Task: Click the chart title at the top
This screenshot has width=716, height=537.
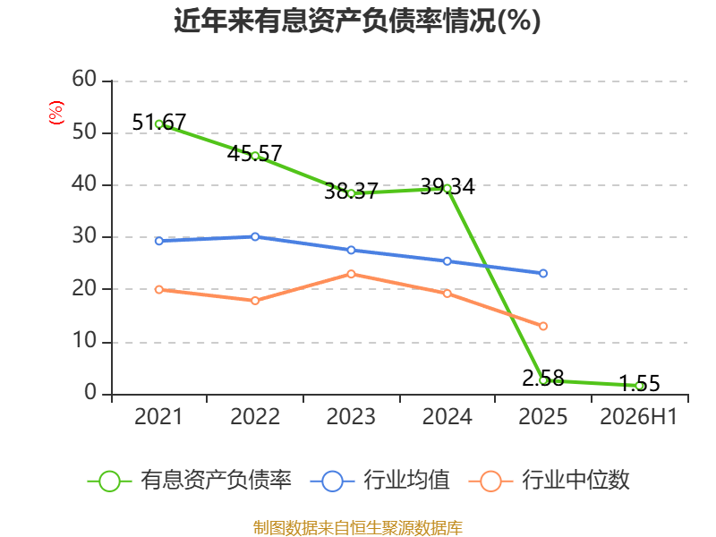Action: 357,21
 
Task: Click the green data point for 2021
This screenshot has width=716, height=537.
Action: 159,124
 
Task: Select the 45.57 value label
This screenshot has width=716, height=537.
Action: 255,153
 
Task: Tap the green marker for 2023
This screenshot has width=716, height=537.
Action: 351,193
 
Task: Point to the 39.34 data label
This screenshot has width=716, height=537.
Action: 447,187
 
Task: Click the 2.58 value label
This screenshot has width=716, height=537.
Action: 543,378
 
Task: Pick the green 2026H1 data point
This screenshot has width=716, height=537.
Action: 640,386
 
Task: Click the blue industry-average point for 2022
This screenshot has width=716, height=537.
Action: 255,236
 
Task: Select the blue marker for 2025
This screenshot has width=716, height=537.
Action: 543,274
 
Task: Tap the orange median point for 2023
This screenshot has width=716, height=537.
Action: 351,274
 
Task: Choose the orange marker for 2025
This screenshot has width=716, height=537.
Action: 543,326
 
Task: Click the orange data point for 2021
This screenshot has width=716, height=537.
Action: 159,289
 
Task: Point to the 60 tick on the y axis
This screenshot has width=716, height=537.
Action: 84,80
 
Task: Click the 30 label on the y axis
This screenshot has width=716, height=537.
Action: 84,236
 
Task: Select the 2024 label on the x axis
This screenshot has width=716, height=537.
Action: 447,416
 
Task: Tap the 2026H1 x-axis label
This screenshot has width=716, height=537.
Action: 638,416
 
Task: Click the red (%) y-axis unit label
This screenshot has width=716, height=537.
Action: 56,113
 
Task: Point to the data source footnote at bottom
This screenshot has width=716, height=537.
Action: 358,527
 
